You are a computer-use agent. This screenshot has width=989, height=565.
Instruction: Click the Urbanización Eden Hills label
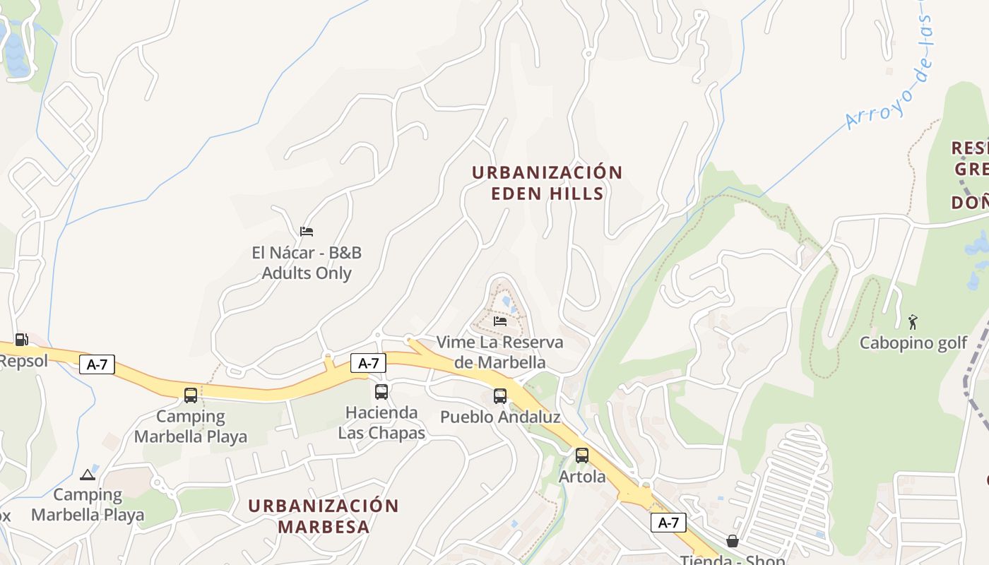pos(547,183)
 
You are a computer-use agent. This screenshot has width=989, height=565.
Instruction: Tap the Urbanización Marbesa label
pos(324,516)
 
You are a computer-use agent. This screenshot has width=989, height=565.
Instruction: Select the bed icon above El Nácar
pos(307,231)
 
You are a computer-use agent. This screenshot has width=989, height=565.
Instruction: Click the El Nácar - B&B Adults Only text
pos(307,263)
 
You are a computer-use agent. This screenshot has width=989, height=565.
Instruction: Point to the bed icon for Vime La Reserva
pos(500,321)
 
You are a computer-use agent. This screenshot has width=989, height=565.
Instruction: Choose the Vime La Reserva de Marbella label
pos(500,352)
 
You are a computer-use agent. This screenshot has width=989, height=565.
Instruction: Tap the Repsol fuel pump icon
pos(21,340)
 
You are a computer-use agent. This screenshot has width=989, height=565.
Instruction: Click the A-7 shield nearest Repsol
pos(96,364)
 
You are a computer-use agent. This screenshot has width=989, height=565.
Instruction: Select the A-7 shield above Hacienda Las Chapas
pos(368,363)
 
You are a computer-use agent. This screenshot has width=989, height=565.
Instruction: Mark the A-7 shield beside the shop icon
pos(668,523)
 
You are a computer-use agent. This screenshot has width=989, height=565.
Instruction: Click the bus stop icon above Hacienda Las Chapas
pos(381,391)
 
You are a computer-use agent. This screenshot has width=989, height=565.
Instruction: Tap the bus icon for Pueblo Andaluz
pos(500,395)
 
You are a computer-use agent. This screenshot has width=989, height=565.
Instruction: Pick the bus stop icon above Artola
pos(581,456)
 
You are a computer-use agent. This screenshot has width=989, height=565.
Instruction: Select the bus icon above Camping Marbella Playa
pos(191,395)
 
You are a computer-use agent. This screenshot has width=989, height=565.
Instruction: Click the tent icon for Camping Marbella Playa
pos(88,475)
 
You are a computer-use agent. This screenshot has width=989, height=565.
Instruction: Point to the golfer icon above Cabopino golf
pos(913,322)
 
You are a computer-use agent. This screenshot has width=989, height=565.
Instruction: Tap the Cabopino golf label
pos(913,343)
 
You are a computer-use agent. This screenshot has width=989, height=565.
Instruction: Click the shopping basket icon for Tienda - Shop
pos(733,542)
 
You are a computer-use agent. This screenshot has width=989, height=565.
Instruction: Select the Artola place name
pos(582,477)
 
